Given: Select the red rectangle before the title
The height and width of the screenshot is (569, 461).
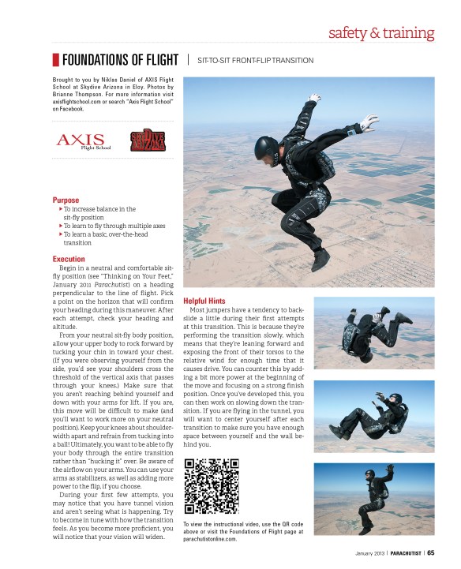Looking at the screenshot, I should click(55, 60).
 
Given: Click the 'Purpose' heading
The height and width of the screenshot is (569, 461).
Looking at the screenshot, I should click(66, 200).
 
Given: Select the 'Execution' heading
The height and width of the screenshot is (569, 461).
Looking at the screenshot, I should click(69, 259).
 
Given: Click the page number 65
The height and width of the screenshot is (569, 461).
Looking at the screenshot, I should click(431, 552).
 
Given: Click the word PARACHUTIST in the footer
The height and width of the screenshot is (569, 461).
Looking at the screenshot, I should click(399, 552).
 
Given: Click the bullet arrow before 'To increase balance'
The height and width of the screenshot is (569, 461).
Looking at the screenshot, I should click(61, 209).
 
